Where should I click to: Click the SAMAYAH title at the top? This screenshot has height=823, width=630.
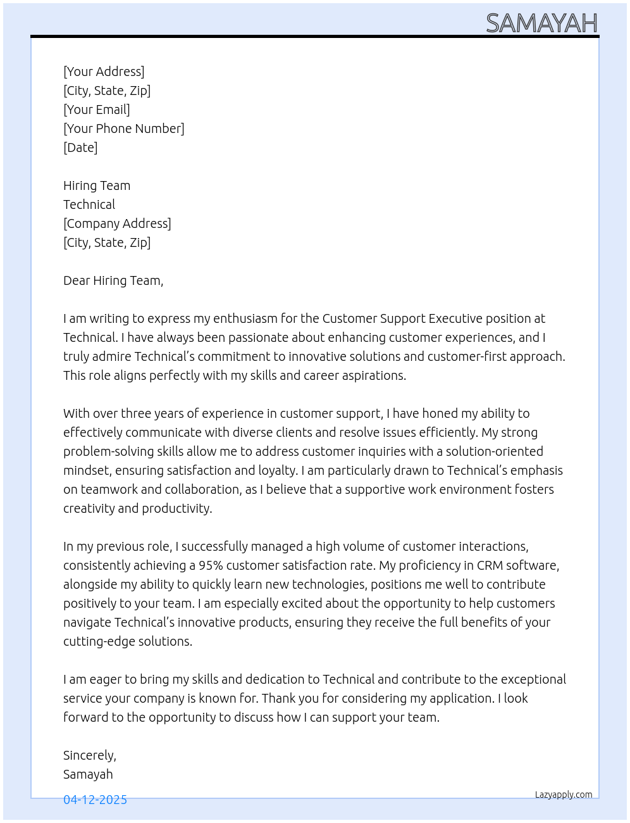tap(541, 23)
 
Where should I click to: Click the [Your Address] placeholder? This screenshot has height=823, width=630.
tap(104, 72)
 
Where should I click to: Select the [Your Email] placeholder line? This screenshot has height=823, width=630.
tap(97, 110)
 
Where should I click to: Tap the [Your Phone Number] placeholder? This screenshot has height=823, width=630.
tap(124, 129)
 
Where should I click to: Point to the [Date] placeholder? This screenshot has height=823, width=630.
tap(80, 148)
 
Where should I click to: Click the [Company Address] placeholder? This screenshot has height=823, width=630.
tap(117, 223)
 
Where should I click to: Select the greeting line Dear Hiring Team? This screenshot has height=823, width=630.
tap(113, 280)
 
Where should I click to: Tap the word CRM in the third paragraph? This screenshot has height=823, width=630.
tap(490, 565)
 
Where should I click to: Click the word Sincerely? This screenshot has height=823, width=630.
tap(89, 755)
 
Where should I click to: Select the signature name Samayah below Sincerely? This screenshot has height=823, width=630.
tap(88, 774)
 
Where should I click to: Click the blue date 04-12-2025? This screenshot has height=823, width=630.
tap(95, 800)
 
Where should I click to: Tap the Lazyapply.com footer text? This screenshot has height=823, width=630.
tap(564, 795)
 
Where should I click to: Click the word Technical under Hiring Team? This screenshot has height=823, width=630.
tap(89, 204)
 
